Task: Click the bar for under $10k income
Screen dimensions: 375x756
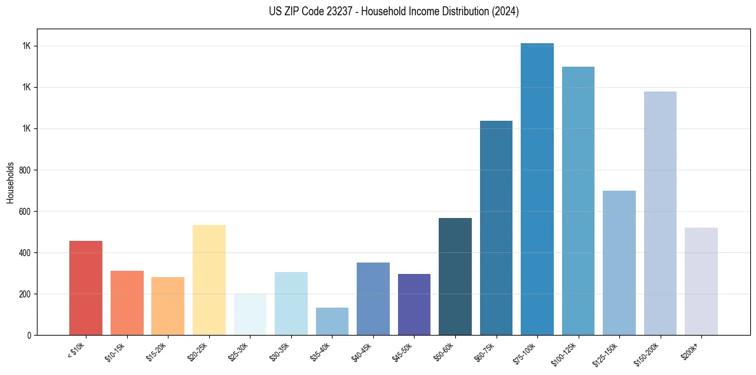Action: [86, 288]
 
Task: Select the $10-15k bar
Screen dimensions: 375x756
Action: [127, 303]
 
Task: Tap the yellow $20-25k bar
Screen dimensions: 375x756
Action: [209, 280]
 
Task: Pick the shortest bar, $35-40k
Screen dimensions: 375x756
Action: [332, 321]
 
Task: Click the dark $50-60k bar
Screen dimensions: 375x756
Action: [455, 276]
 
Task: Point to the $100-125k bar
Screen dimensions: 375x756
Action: [578, 201]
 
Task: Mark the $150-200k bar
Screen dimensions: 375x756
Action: [660, 213]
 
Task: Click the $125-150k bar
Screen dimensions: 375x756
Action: [619, 262]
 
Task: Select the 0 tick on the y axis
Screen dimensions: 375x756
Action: [31, 336]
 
